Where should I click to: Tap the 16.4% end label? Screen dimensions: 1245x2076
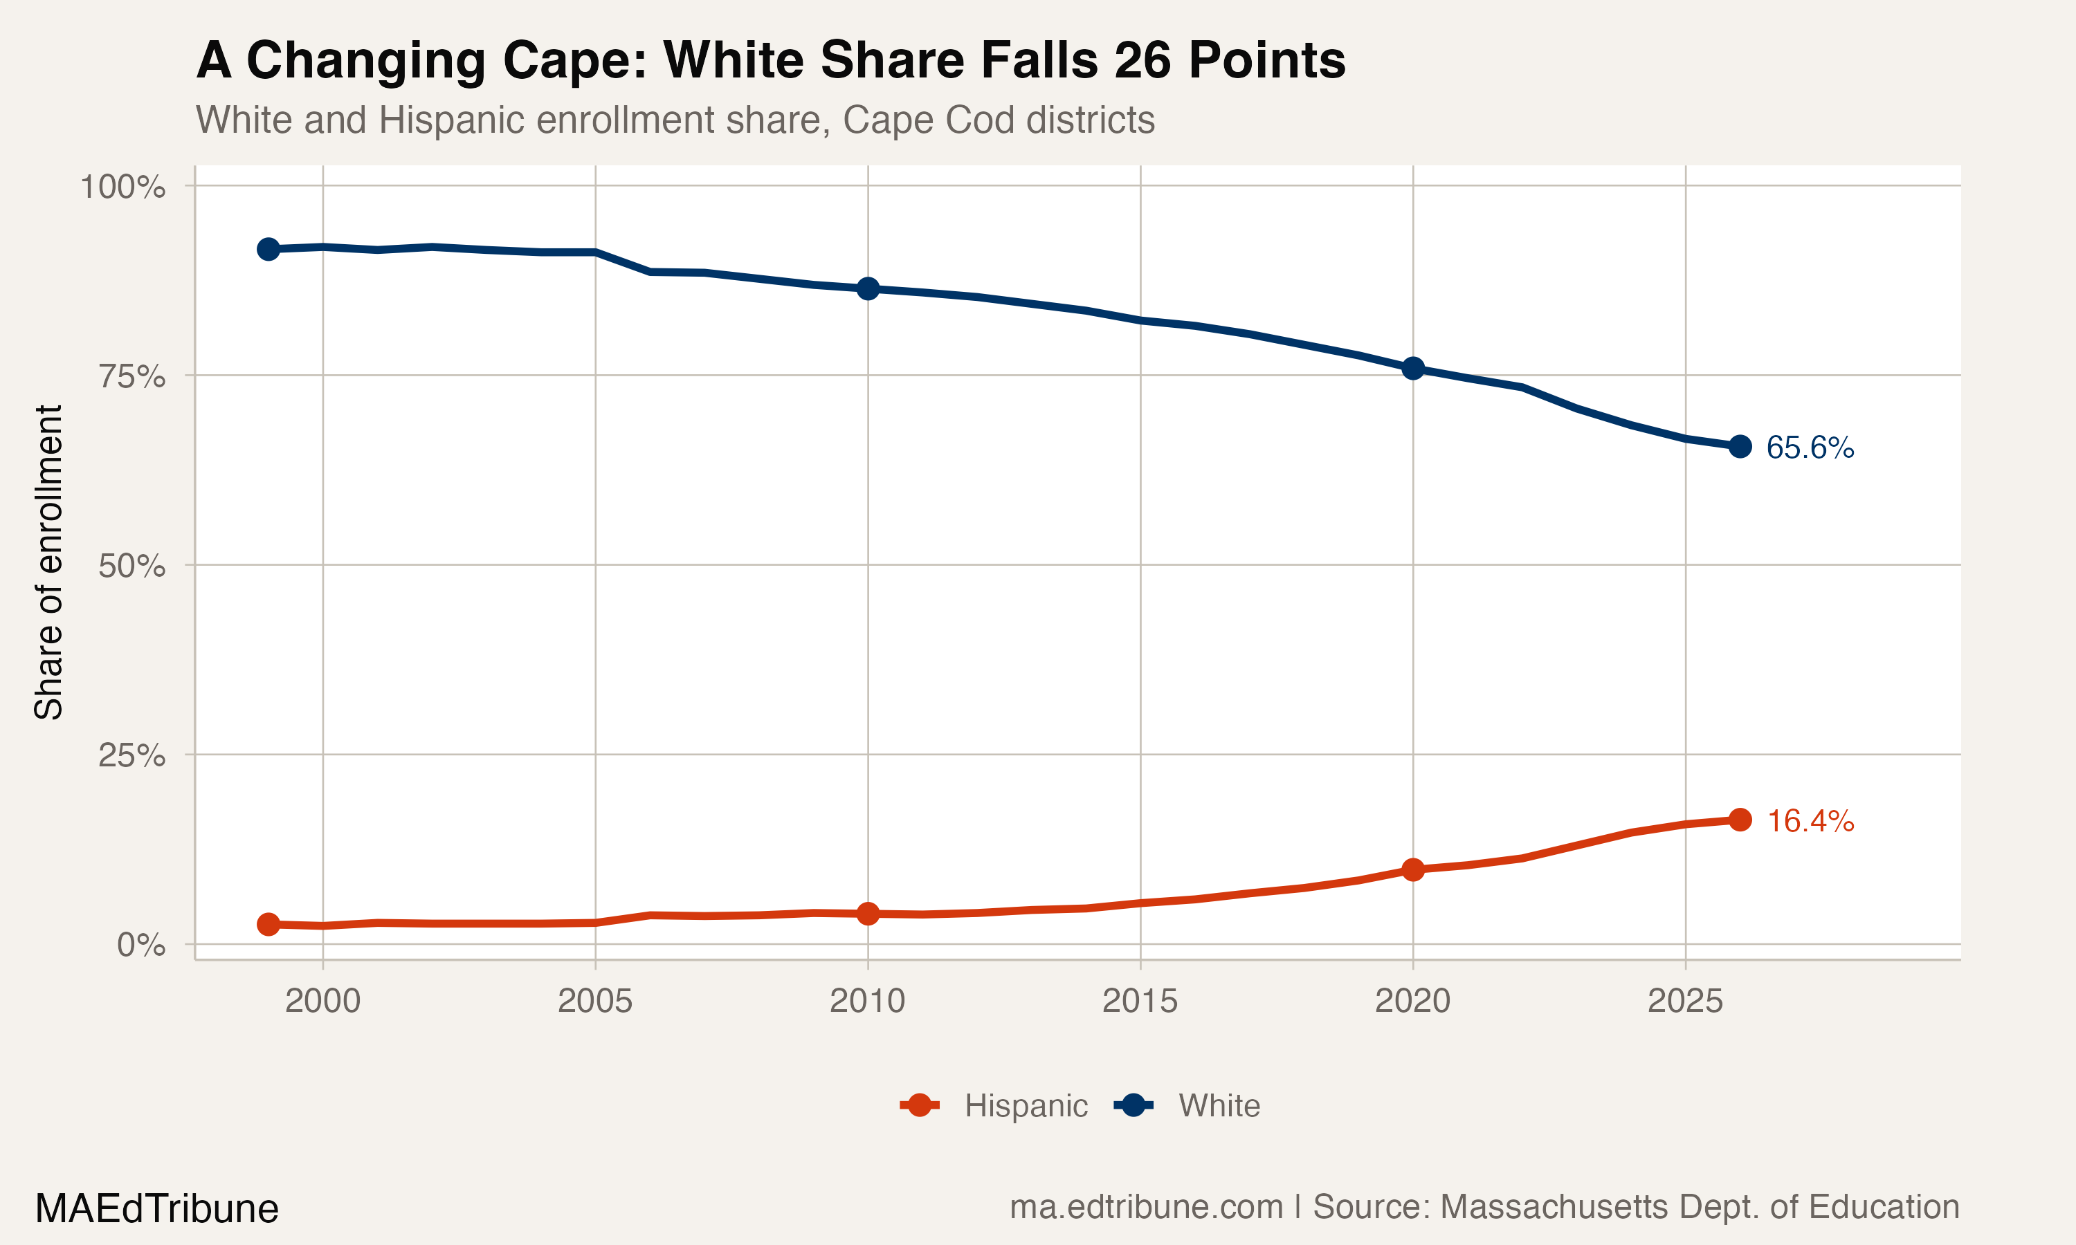pyautogui.click(x=1809, y=820)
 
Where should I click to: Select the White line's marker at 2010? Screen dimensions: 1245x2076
pyautogui.click(x=868, y=288)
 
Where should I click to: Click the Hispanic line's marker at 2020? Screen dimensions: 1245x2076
pyautogui.click(x=1413, y=869)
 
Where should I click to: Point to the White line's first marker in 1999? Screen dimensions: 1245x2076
pyautogui.click(x=268, y=249)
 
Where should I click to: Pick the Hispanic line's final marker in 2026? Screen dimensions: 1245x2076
pyautogui.click(x=1740, y=820)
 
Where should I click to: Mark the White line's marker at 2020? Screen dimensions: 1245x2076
pyautogui.click(x=1413, y=368)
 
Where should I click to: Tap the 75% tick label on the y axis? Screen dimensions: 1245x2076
pyautogui.click(x=131, y=377)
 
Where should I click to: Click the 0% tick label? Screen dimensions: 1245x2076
pyautogui.click(x=141, y=946)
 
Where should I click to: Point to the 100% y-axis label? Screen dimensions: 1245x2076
pyautogui.click(x=122, y=187)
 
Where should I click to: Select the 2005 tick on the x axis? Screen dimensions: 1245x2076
pyautogui.click(x=595, y=1001)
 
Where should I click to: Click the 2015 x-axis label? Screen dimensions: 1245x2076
pyautogui.click(x=1140, y=1001)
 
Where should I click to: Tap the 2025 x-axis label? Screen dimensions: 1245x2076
pyautogui.click(x=1685, y=1001)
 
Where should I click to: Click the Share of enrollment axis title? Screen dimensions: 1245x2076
pyautogui.click(x=48, y=562)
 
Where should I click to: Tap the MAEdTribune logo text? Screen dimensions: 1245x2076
pyautogui.click(x=157, y=1209)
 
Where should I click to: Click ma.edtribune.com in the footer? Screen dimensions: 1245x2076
pyautogui.click(x=1145, y=1207)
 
